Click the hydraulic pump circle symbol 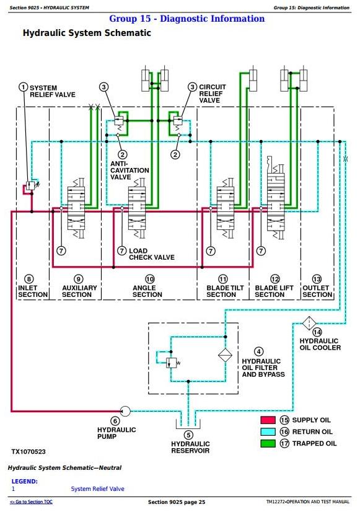click(125, 411)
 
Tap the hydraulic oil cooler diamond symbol click(309, 324)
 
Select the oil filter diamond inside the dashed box click(225, 355)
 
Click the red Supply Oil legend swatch click(268, 420)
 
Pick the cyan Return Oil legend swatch click(268, 431)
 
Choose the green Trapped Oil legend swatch click(268, 443)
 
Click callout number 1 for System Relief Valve click(23, 87)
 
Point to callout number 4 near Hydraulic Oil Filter click(259, 351)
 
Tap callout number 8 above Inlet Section click(29, 279)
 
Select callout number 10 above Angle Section click(150, 279)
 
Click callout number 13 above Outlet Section click(317, 279)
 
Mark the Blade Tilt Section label click(225, 291)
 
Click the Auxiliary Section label click(79, 291)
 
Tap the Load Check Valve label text click(152, 254)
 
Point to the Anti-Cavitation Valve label click(130, 170)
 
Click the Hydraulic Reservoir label click(190, 448)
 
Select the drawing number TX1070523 click(29, 452)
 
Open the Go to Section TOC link click(32, 502)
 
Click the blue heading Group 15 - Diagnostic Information click(187, 19)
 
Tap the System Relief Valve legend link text click(97, 489)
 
